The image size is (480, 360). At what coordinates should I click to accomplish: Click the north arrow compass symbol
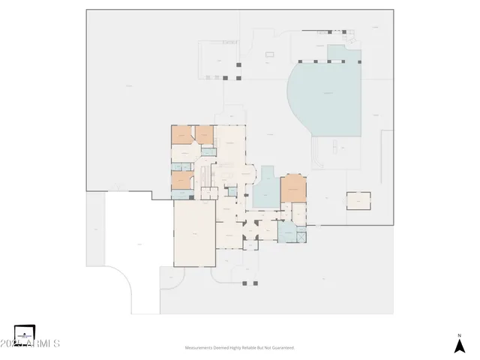point(459,346)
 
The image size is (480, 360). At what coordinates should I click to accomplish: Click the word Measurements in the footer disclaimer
point(199,348)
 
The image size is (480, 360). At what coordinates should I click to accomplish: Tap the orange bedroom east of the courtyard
point(293,189)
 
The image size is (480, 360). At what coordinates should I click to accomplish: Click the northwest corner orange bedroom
point(181,134)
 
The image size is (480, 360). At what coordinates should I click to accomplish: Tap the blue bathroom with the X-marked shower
point(289,233)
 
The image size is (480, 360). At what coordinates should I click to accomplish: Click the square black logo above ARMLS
point(25,331)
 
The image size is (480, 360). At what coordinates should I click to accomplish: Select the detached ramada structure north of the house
point(218,60)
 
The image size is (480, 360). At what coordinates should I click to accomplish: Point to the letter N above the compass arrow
point(459,335)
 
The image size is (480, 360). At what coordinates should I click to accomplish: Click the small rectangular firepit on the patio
point(268,56)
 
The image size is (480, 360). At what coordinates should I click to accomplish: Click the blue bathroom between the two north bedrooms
point(206,152)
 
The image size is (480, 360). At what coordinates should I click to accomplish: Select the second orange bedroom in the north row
point(204,134)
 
